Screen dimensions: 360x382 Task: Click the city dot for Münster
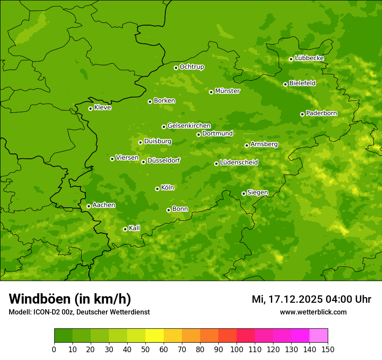(x=211, y=92)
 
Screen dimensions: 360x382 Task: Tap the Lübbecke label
(x=309, y=58)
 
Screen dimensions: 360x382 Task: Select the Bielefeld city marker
(x=285, y=84)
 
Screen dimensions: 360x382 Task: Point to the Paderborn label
(x=321, y=113)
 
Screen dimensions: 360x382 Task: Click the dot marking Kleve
(x=90, y=108)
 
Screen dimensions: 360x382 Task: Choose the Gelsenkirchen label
(x=189, y=126)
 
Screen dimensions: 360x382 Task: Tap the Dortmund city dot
(x=198, y=134)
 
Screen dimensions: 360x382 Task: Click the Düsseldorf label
(x=164, y=160)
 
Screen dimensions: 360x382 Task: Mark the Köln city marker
(x=157, y=189)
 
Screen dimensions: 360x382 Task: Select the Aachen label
(x=104, y=205)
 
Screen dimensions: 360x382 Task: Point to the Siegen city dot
(x=244, y=193)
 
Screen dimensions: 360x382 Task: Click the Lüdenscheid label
(x=239, y=163)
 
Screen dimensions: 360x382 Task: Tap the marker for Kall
(x=125, y=229)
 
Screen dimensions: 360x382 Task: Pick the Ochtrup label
(x=191, y=67)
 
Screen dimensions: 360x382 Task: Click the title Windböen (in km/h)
(x=69, y=299)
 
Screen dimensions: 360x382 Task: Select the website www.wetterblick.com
(x=313, y=312)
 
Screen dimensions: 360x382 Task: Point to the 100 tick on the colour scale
(x=237, y=349)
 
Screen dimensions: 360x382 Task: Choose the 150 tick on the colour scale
(x=327, y=349)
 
